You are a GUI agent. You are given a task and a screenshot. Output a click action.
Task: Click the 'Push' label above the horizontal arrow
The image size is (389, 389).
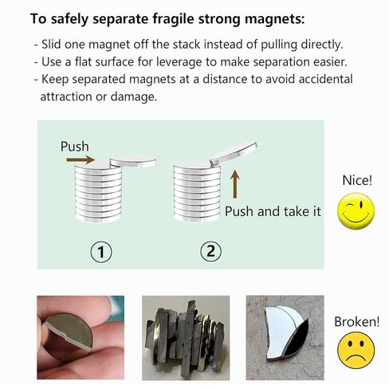(75, 147)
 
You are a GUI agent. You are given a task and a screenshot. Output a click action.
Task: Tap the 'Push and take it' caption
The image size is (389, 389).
(273, 211)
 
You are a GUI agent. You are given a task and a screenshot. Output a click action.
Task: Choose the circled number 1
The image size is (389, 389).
(101, 252)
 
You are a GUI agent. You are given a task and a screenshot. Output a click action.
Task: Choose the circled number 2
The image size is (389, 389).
(210, 252)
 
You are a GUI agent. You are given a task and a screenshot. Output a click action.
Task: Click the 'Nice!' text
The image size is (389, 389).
(356, 180)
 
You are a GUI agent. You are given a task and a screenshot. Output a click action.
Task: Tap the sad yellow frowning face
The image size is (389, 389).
(355, 351)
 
